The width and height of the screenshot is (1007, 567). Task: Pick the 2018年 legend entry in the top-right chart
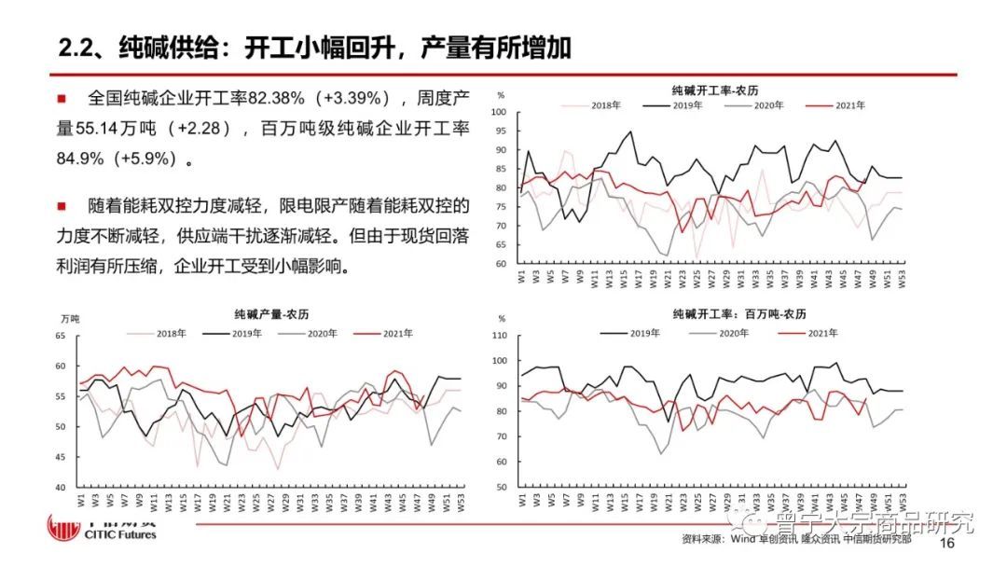coord(604,105)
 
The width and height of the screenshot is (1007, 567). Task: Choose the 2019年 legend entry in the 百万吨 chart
coord(643,333)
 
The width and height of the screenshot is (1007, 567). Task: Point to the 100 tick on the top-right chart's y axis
coord(498,112)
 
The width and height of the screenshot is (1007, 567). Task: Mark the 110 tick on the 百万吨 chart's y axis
coord(498,336)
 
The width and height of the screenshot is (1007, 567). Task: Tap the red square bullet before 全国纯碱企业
coord(62,98)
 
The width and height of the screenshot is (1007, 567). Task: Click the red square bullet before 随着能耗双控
coord(62,205)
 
